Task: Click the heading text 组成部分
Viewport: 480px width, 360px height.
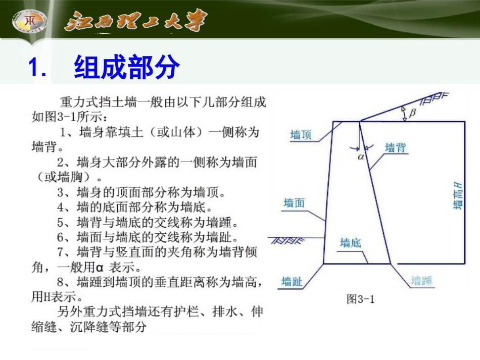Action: coord(126,67)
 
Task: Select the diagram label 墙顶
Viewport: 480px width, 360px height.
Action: coord(301,135)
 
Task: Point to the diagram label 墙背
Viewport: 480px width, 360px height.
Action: coord(396,147)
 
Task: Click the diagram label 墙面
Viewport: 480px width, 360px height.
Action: coord(294,203)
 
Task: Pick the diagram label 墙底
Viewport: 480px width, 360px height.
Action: coord(350,243)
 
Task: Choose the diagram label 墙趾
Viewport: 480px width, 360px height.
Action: coord(292,281)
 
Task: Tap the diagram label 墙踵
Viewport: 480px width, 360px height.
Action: coord(421,281)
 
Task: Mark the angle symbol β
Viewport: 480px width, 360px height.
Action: coord(412,113)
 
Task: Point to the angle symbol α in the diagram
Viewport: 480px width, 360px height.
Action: coord(360,157)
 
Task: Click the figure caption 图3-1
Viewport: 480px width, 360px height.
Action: coord(360,299)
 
